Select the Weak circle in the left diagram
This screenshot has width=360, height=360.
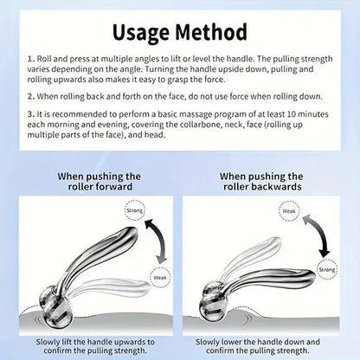coord(161,276)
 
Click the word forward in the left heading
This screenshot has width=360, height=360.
coord(123,187)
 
